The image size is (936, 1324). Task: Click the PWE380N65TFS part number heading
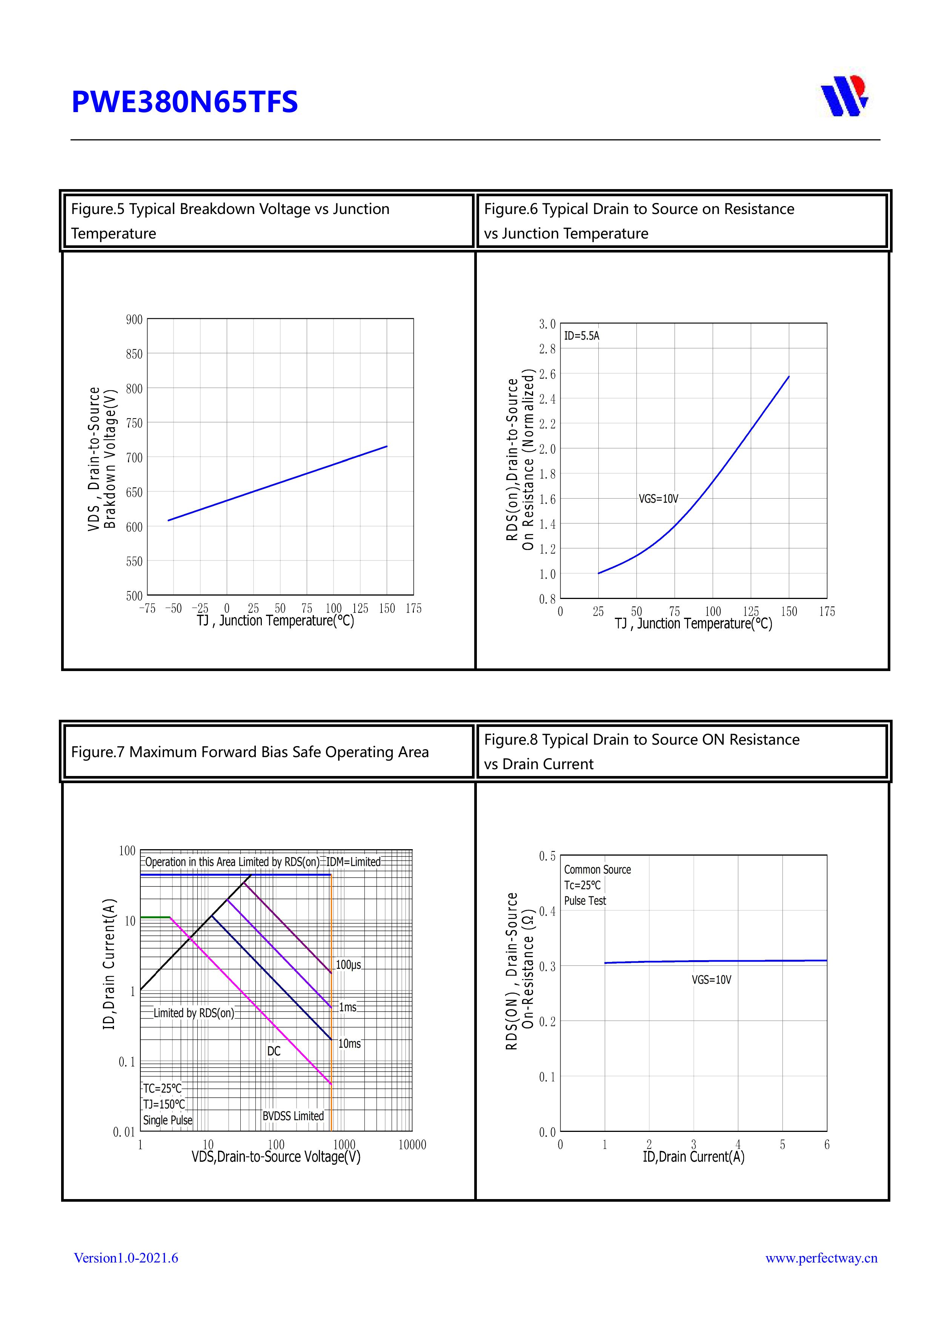tap(184, 102)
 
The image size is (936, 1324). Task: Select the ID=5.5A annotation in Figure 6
tap(581, 336)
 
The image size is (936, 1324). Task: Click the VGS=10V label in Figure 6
tap(658, 499)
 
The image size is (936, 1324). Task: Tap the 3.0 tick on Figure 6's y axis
tap(547, 324)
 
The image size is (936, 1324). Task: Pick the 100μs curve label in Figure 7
tap(348, 965)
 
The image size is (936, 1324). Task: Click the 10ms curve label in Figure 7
tap(349, 1044)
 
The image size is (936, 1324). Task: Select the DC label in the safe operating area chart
tap(274, 1051)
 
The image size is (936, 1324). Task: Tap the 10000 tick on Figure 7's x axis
tap(412, 1145)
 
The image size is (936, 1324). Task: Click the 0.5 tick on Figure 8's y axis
tap(547, 856)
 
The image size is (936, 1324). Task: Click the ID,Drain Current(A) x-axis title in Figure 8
tap(693, 1157)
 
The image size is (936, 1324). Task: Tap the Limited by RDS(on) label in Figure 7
tap(194, 1013)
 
